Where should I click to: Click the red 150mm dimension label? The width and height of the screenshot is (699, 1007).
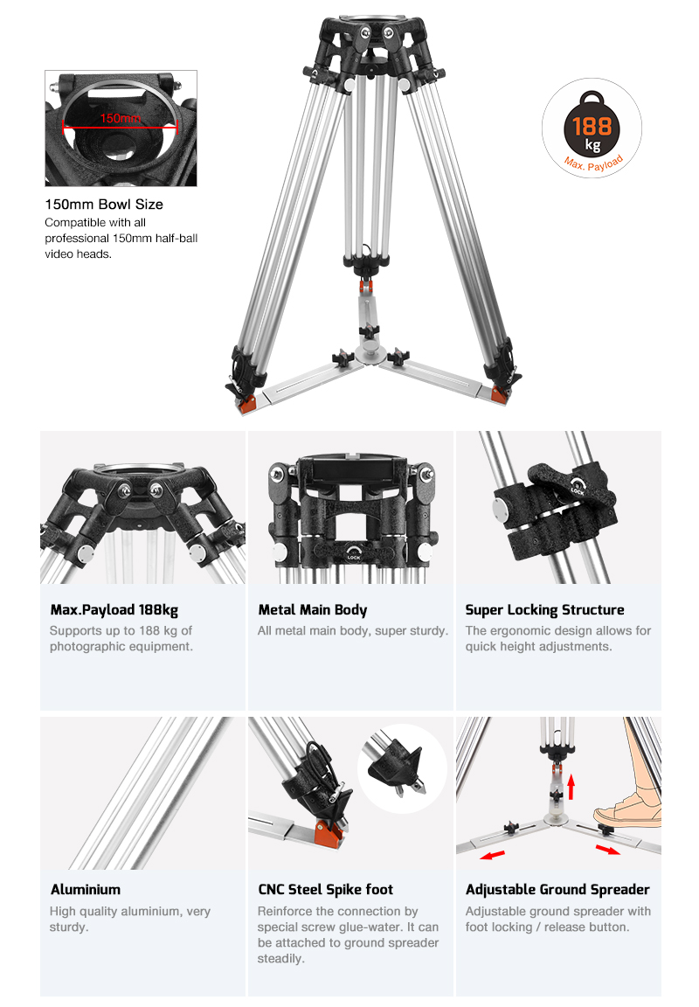coord(120,118)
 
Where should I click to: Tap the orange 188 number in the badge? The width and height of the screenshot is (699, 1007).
coord(592,127)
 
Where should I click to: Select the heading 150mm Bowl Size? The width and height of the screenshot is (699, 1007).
coord(104,205)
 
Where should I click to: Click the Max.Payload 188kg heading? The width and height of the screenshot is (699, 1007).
coord(114,610)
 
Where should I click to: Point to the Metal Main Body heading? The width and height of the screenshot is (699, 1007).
coord(313,610)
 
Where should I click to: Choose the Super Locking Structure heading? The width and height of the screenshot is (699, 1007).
coord(545,610)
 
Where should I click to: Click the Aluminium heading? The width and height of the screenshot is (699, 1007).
coord(86,890)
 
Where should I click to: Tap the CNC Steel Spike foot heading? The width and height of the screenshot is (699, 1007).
coord(325,890)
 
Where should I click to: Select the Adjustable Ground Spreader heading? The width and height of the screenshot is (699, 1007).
coord(557,890)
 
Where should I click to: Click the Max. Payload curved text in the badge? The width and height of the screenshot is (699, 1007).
coord(594,163)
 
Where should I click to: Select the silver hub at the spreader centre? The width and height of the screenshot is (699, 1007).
coord(371,352)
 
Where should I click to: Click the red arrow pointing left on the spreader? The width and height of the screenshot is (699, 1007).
coord(492,856)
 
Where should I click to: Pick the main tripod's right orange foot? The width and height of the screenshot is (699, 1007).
coord(500,394)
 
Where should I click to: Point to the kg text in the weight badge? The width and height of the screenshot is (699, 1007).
coord(592,145)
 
